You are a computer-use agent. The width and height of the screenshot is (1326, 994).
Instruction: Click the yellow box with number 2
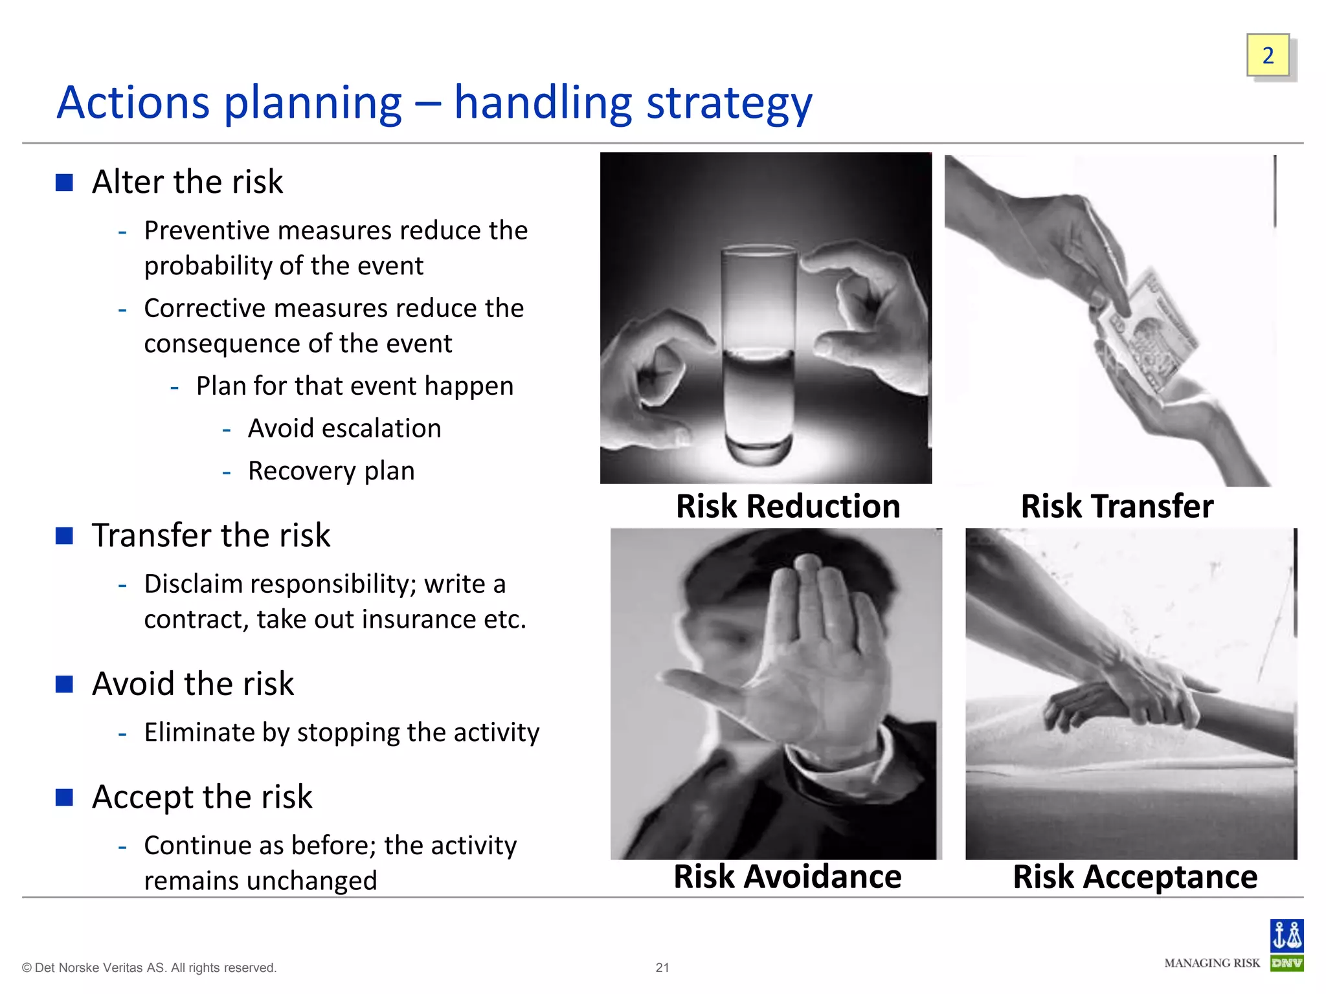point(1268,56)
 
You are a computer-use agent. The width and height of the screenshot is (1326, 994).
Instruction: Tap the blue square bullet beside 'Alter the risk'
point(64,182)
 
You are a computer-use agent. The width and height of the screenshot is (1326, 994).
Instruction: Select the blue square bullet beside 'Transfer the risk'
point(64,536)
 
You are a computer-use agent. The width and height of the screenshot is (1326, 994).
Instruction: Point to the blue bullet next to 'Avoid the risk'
point(64,684)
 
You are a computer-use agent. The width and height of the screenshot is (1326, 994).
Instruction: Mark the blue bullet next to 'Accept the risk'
point(64,797)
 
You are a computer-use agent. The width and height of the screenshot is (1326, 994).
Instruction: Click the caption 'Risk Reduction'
point(788,506)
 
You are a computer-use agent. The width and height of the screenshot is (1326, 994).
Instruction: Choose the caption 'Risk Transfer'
point(1117,506)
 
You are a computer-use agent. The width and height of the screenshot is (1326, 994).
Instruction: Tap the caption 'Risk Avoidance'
point(787,877)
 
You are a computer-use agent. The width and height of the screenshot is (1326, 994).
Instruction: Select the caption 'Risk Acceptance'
point(1135,877)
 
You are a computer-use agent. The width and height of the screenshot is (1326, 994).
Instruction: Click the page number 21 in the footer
point(662,967)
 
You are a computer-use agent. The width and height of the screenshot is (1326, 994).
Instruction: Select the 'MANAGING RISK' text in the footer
point(1212,963)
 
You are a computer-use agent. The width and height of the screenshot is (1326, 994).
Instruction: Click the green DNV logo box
point(1287,963)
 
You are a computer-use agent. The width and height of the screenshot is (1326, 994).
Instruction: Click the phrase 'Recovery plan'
point(331,471)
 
